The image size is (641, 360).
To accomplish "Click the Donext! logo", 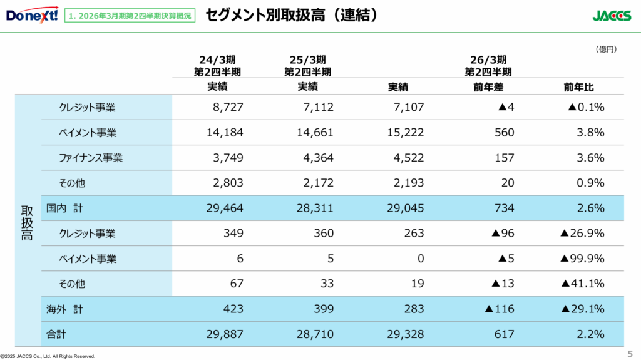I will point(32,14).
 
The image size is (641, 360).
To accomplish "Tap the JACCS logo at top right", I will point(612,16).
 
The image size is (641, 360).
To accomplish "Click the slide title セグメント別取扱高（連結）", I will point(293,15).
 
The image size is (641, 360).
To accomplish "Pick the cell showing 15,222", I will point(406,133).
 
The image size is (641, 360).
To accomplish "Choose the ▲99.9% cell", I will point(582,259).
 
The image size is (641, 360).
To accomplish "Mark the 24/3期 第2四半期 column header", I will point(217,66).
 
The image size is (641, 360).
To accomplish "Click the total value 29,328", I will point(406,334).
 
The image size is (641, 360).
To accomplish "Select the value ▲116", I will point(499,309).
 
